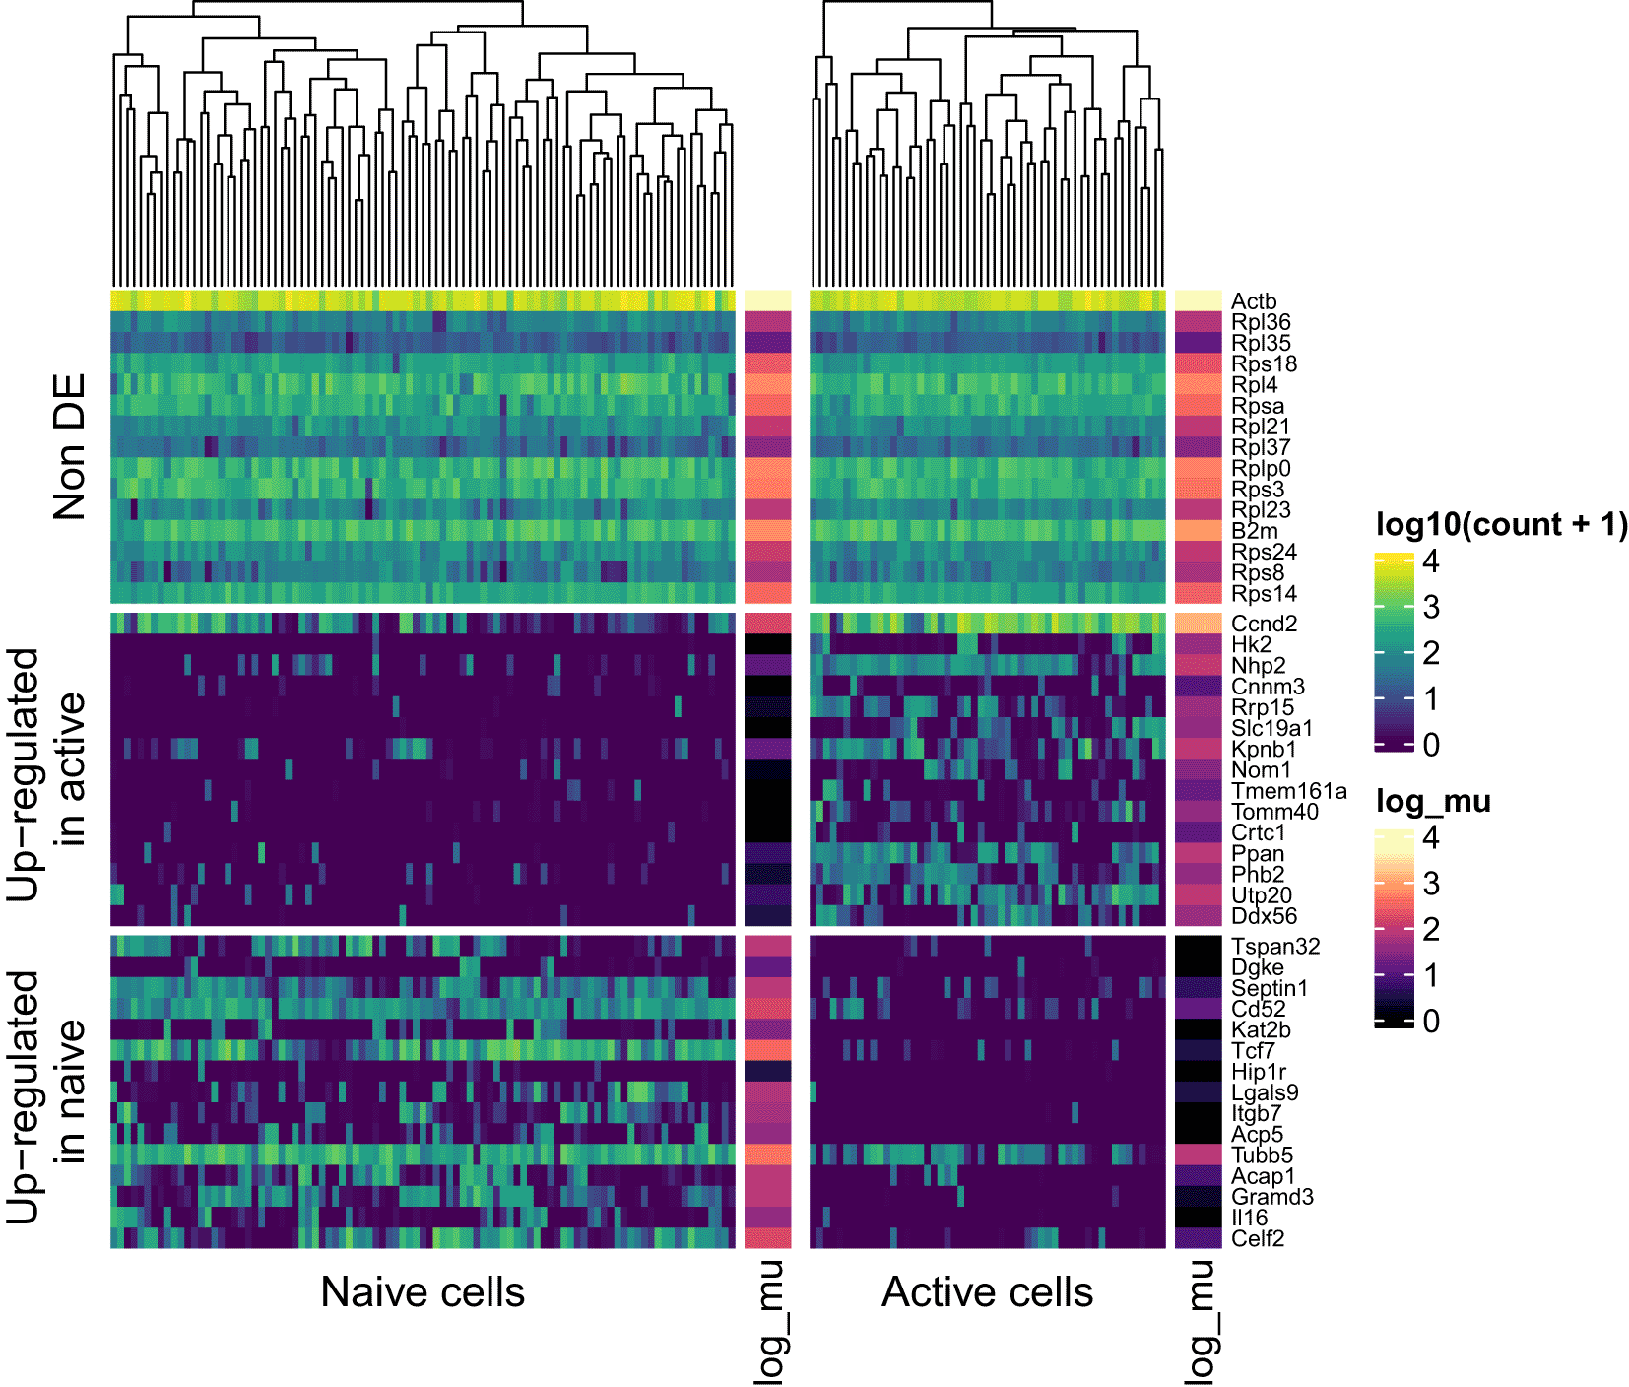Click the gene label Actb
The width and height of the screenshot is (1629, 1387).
(x=1253, y=301)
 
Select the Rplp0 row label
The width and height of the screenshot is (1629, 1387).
(x=1261, y=469)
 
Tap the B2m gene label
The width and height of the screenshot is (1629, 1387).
(x=1254, y=531)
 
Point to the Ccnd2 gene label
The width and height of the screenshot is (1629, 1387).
(x=1264, y=624)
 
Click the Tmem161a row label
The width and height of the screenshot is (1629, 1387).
(x=1288, y=791)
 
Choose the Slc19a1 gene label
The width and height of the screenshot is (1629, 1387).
(x=1271, y=728)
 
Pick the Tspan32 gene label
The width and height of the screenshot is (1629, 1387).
(x=1275, y=947)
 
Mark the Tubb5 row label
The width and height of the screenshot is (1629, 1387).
(x=1262, y=1156)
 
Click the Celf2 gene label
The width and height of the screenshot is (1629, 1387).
(x=1258, y=1238)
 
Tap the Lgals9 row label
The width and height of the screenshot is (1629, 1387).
(x=1265, y=1092)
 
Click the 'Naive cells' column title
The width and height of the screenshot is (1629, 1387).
(x=423, y=1292)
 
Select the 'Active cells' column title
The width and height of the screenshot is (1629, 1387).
(x=987, y=1292)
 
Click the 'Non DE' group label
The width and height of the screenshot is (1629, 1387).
(x=69, y=447)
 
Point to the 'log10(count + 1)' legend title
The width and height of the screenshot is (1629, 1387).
(x=1501, y=525)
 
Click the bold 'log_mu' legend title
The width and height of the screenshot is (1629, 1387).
(x=1433, y=802)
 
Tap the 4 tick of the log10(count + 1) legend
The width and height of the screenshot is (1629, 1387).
(x=1431, y=561)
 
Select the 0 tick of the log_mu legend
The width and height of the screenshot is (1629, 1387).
(x=1431, y=1022)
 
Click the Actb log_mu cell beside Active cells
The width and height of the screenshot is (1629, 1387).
(x=1198, y=300)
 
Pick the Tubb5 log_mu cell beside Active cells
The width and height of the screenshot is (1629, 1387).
(x=1198, y=1155)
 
